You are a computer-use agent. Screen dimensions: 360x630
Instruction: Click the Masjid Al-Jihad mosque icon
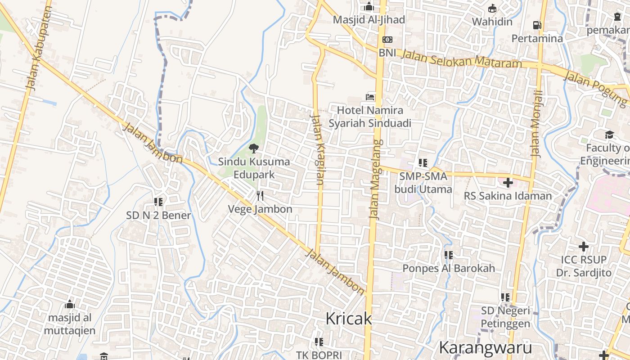pos(369,7)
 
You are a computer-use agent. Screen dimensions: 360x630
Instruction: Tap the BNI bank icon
pos(387,40)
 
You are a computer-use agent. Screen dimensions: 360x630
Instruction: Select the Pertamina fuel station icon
pos(537,25)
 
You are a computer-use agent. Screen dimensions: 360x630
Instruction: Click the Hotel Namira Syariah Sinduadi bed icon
pos(370,97)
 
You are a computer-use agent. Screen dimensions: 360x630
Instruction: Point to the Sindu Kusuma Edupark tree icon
pos(254,148)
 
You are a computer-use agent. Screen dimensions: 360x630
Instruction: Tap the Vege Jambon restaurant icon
pos(260,196)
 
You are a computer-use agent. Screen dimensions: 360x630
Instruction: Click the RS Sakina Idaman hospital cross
pos(508,183)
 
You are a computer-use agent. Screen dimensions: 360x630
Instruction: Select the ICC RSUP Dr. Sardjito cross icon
pos(584,247)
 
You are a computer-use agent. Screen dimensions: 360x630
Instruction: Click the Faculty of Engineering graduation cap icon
pos(609,135)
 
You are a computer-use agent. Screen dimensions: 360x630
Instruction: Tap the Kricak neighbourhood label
pos(349,319)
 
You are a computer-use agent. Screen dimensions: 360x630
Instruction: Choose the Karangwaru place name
pos(485,347)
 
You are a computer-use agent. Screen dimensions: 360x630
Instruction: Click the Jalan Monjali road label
pos(537,124)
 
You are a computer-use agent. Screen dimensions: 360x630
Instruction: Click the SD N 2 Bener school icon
pos(158,202)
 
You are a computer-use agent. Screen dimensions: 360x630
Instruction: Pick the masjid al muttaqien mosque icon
pos(69,305)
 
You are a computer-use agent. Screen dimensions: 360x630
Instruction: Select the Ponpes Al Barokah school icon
pos(448,255)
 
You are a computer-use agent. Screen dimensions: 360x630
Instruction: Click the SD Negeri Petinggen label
pos(506,317)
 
